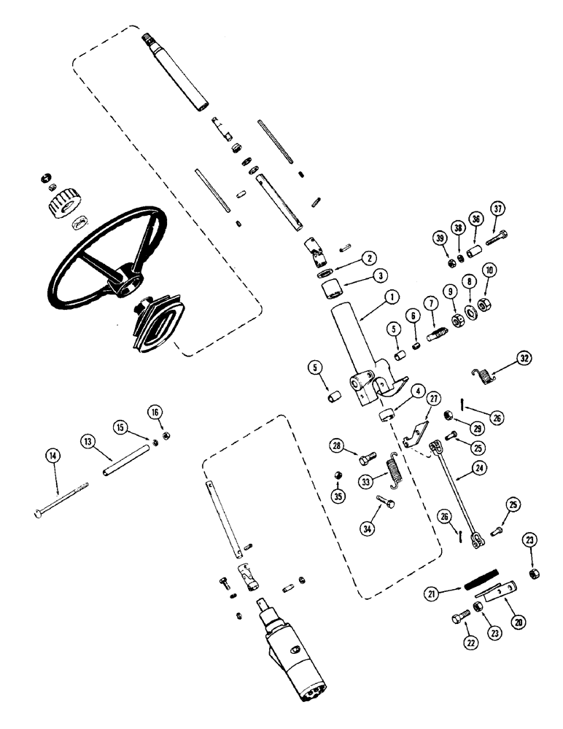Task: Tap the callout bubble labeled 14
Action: pos(53,456)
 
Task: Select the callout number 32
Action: pos(525,357)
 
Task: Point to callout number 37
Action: pos(498,211)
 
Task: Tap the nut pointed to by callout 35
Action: pos(337,475)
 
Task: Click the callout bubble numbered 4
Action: pos(419,391)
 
